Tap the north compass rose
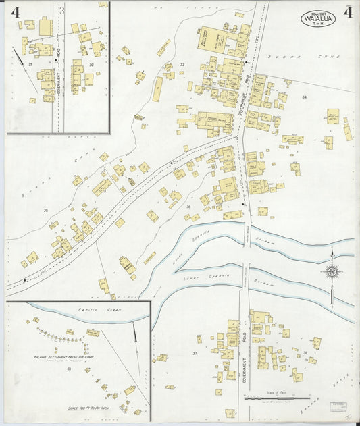pos(332,272)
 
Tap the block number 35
pos(46,211)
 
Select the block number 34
pos(304,98)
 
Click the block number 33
pos(182,65)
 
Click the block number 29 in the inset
pos(30,63)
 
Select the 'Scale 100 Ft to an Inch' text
pos(75,408)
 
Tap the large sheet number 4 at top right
pos(345,13)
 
